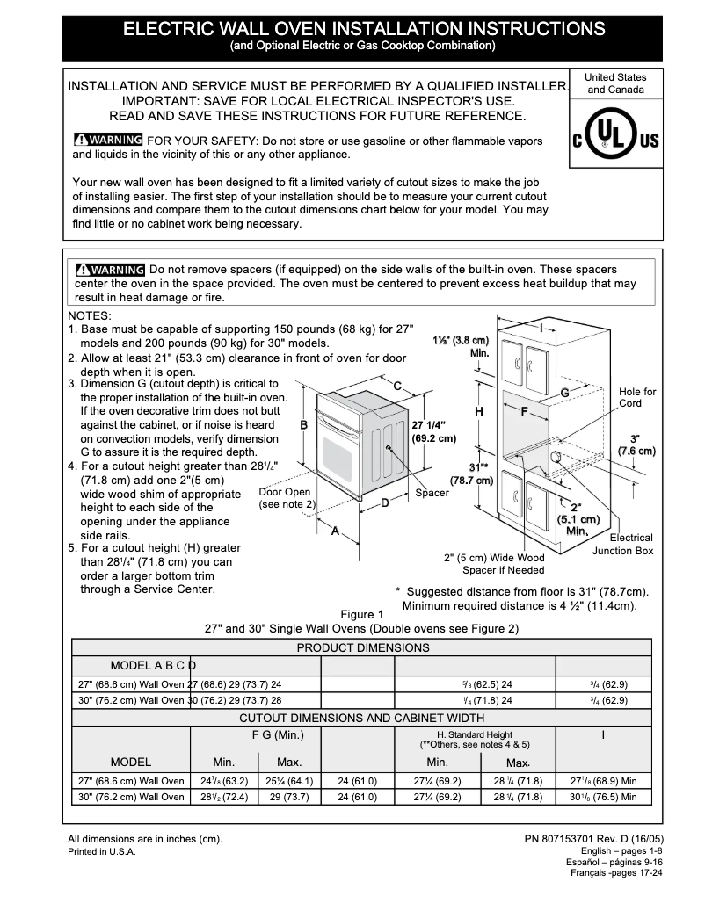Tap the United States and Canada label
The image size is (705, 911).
point(615,83)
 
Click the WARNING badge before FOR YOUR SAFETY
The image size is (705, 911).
point(108,141)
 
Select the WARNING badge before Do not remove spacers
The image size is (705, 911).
point(110,269)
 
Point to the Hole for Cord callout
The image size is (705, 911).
point(636,397)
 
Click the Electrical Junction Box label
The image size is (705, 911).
point(622,544)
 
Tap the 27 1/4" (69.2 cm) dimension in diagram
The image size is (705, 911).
point(433,430)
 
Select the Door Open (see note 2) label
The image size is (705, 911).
point(286,498)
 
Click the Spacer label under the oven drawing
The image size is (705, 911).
point(432,493)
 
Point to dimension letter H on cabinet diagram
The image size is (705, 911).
point(479,412)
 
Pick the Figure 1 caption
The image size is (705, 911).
point(361,614)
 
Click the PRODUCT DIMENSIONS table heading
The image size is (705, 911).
point(362,647)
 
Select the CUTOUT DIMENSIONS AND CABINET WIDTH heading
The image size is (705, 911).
point(361,718)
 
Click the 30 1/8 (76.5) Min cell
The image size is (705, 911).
point(603,797)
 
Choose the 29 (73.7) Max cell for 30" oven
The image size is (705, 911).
point(286,797)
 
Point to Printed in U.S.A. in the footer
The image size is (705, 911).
point(102,852)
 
